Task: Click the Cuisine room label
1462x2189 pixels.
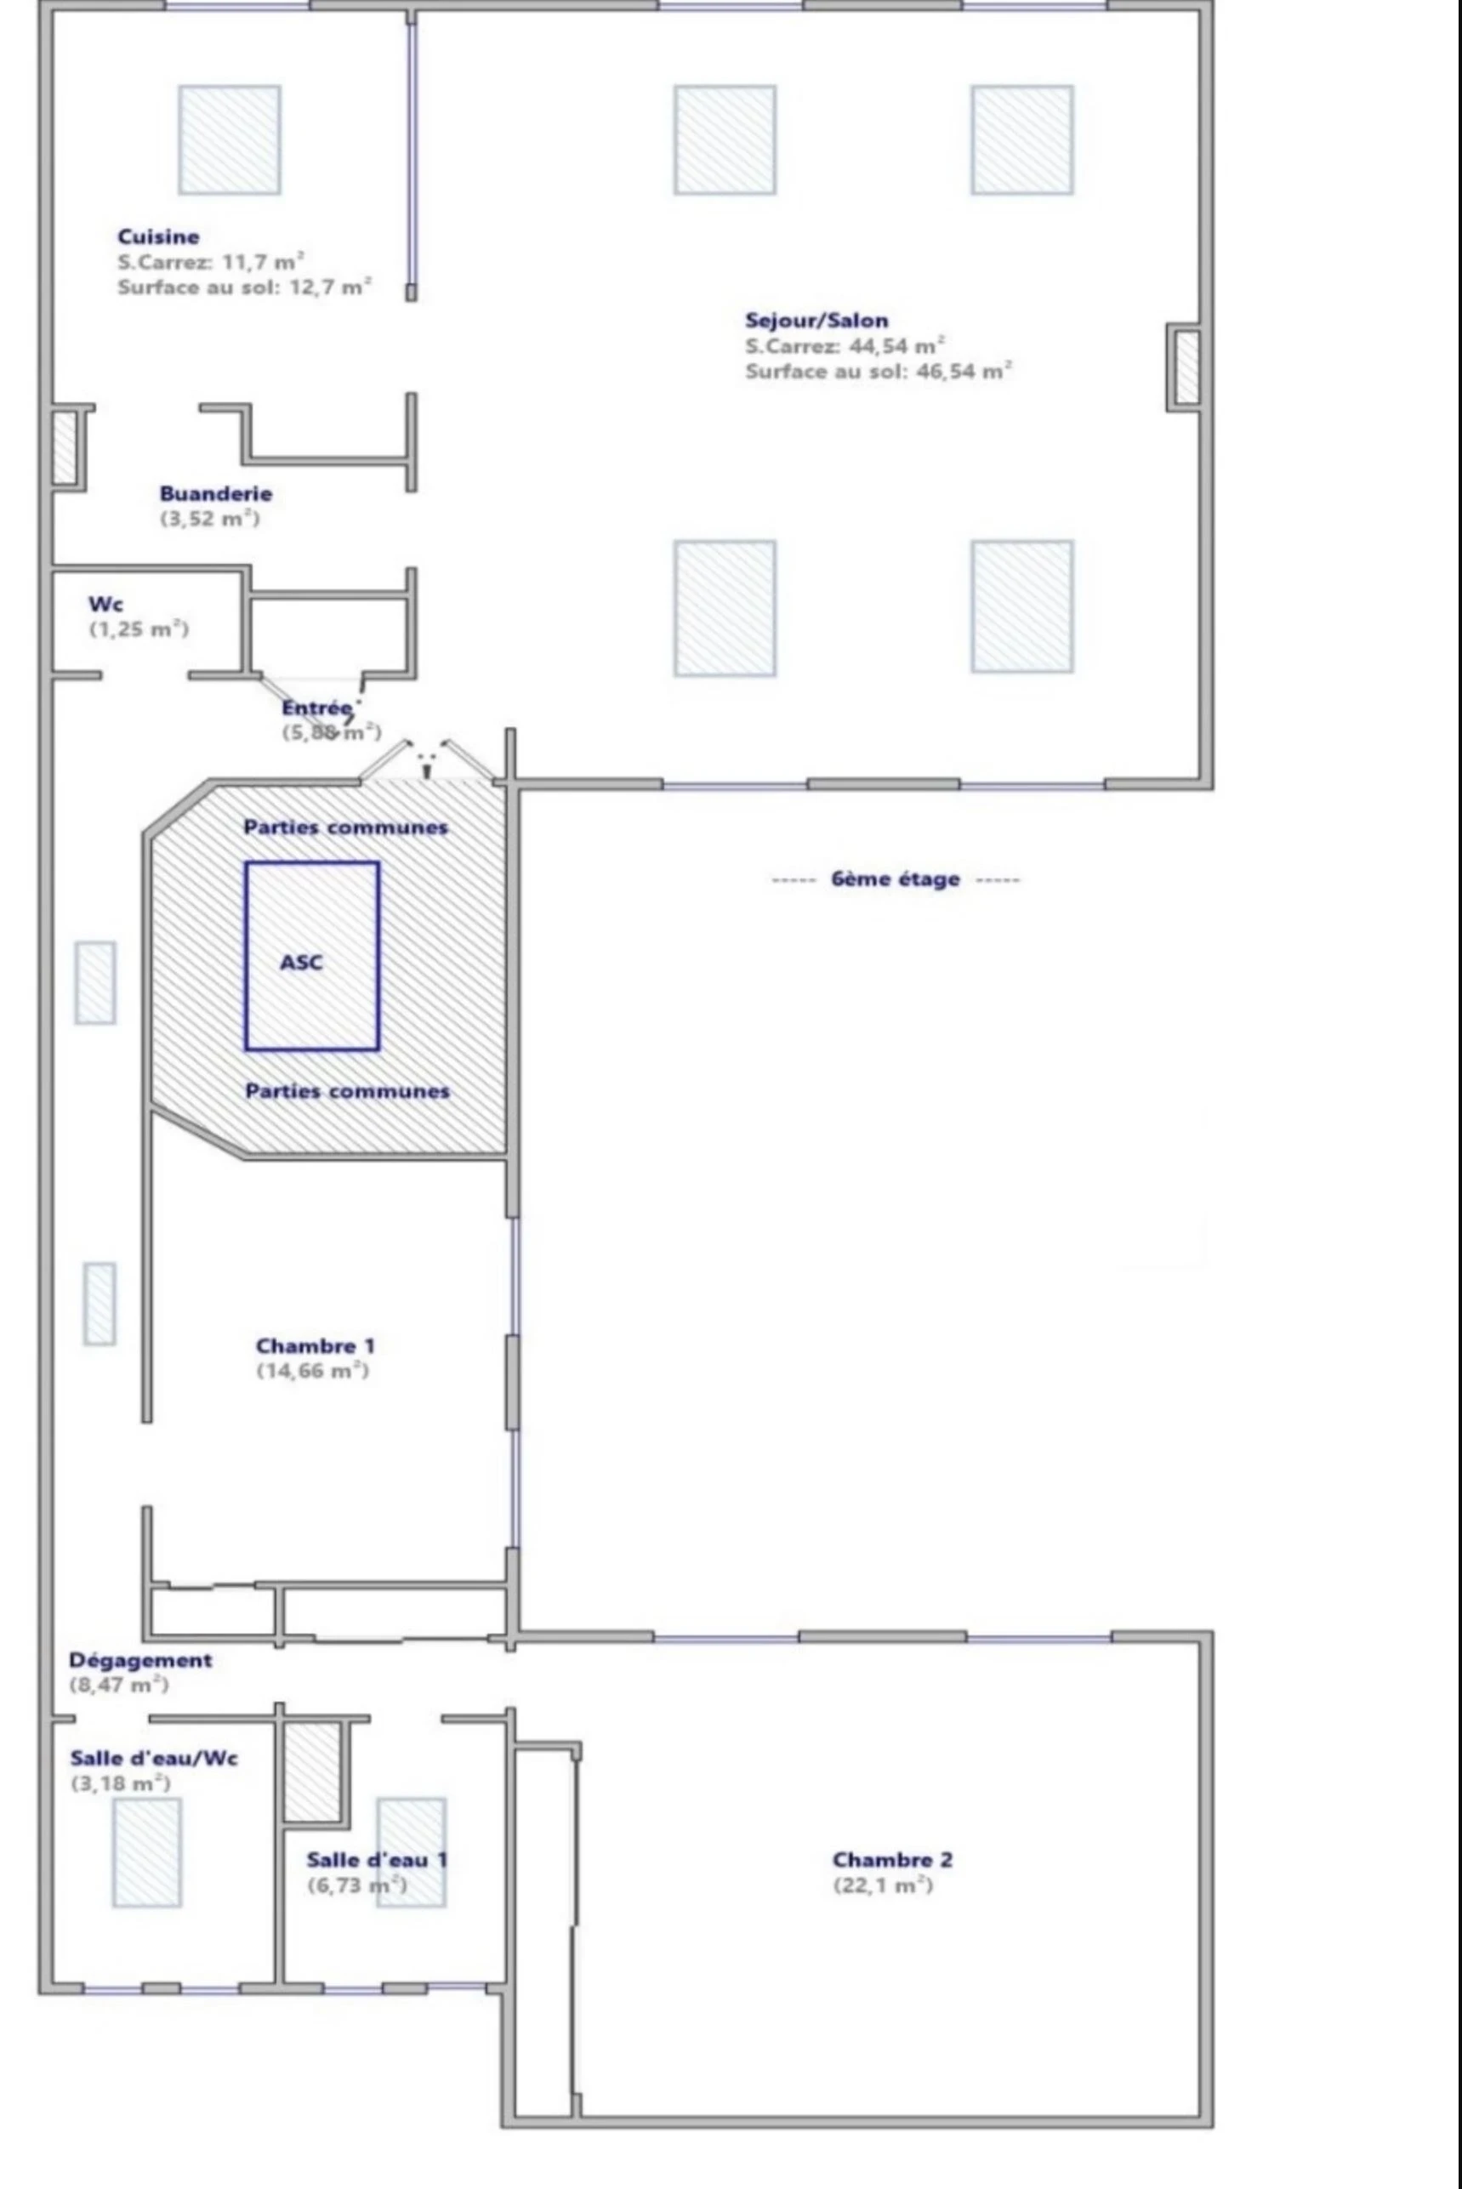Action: pos(157,236)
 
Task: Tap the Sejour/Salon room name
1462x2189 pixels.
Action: pos(816,321)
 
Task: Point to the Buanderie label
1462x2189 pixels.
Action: pos(215,494)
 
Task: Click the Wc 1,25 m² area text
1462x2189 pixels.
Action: pos(139,629)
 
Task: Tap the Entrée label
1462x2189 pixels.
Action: pos(317,708)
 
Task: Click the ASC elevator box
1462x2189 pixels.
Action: pos(311,957)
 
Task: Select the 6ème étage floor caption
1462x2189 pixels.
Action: pos(894,879)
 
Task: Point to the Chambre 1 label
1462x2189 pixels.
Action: pos(316,1346)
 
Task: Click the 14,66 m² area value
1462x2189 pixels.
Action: pos(312,1372)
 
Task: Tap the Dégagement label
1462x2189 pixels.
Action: pos(139,1660)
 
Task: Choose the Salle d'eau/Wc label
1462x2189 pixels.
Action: pos(154,1759)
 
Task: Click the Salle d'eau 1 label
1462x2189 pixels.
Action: pos(377,1860)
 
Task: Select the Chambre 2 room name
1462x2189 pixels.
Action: pos(892,1860)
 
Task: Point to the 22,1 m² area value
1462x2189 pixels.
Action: pos(882,1885)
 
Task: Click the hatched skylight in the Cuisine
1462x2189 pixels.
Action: pos(230,139)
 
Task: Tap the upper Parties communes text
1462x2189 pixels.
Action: pos(345,827)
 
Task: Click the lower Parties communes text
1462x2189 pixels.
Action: pos(347,1091)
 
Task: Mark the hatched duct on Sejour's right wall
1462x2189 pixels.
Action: pos(1186,367)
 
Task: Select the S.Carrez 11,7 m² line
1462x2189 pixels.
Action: pos(211,262)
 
